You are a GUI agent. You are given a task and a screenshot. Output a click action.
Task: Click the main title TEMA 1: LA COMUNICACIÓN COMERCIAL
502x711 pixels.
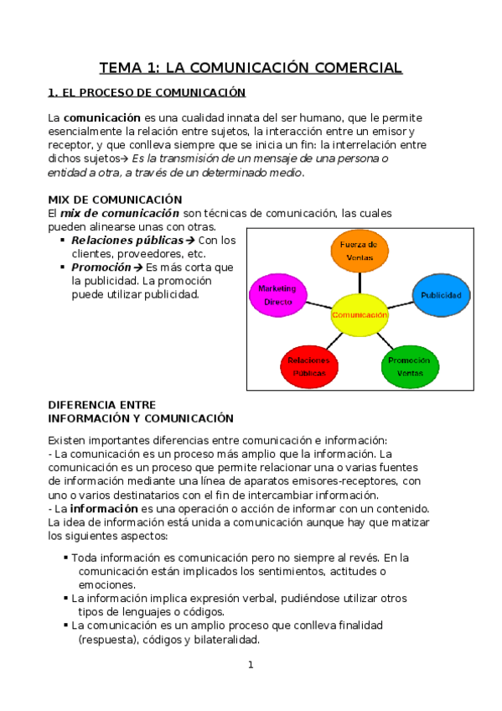[x=251, y=67]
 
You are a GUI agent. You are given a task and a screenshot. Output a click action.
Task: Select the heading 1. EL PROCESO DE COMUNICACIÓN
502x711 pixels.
[x=147, y=92]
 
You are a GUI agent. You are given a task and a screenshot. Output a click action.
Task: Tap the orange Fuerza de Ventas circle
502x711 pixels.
[x=360, y=250]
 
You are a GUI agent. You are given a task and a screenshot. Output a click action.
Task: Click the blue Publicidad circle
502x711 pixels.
[x=441, y=295]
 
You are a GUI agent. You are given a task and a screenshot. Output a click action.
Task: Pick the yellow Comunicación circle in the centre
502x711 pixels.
[x=360, y=314]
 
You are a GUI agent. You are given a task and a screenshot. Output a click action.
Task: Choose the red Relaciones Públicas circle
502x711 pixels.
[x=308, y=366]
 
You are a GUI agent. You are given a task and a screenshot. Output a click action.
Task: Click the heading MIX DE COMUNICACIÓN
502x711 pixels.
[x=115, y=200]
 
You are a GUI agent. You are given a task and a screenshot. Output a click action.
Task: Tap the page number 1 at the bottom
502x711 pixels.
[x=250, y=665]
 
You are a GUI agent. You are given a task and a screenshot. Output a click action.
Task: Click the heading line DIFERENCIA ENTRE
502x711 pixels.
[x=102, y=404]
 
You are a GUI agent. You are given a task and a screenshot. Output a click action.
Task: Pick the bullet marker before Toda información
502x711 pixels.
[x=65, y=557]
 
